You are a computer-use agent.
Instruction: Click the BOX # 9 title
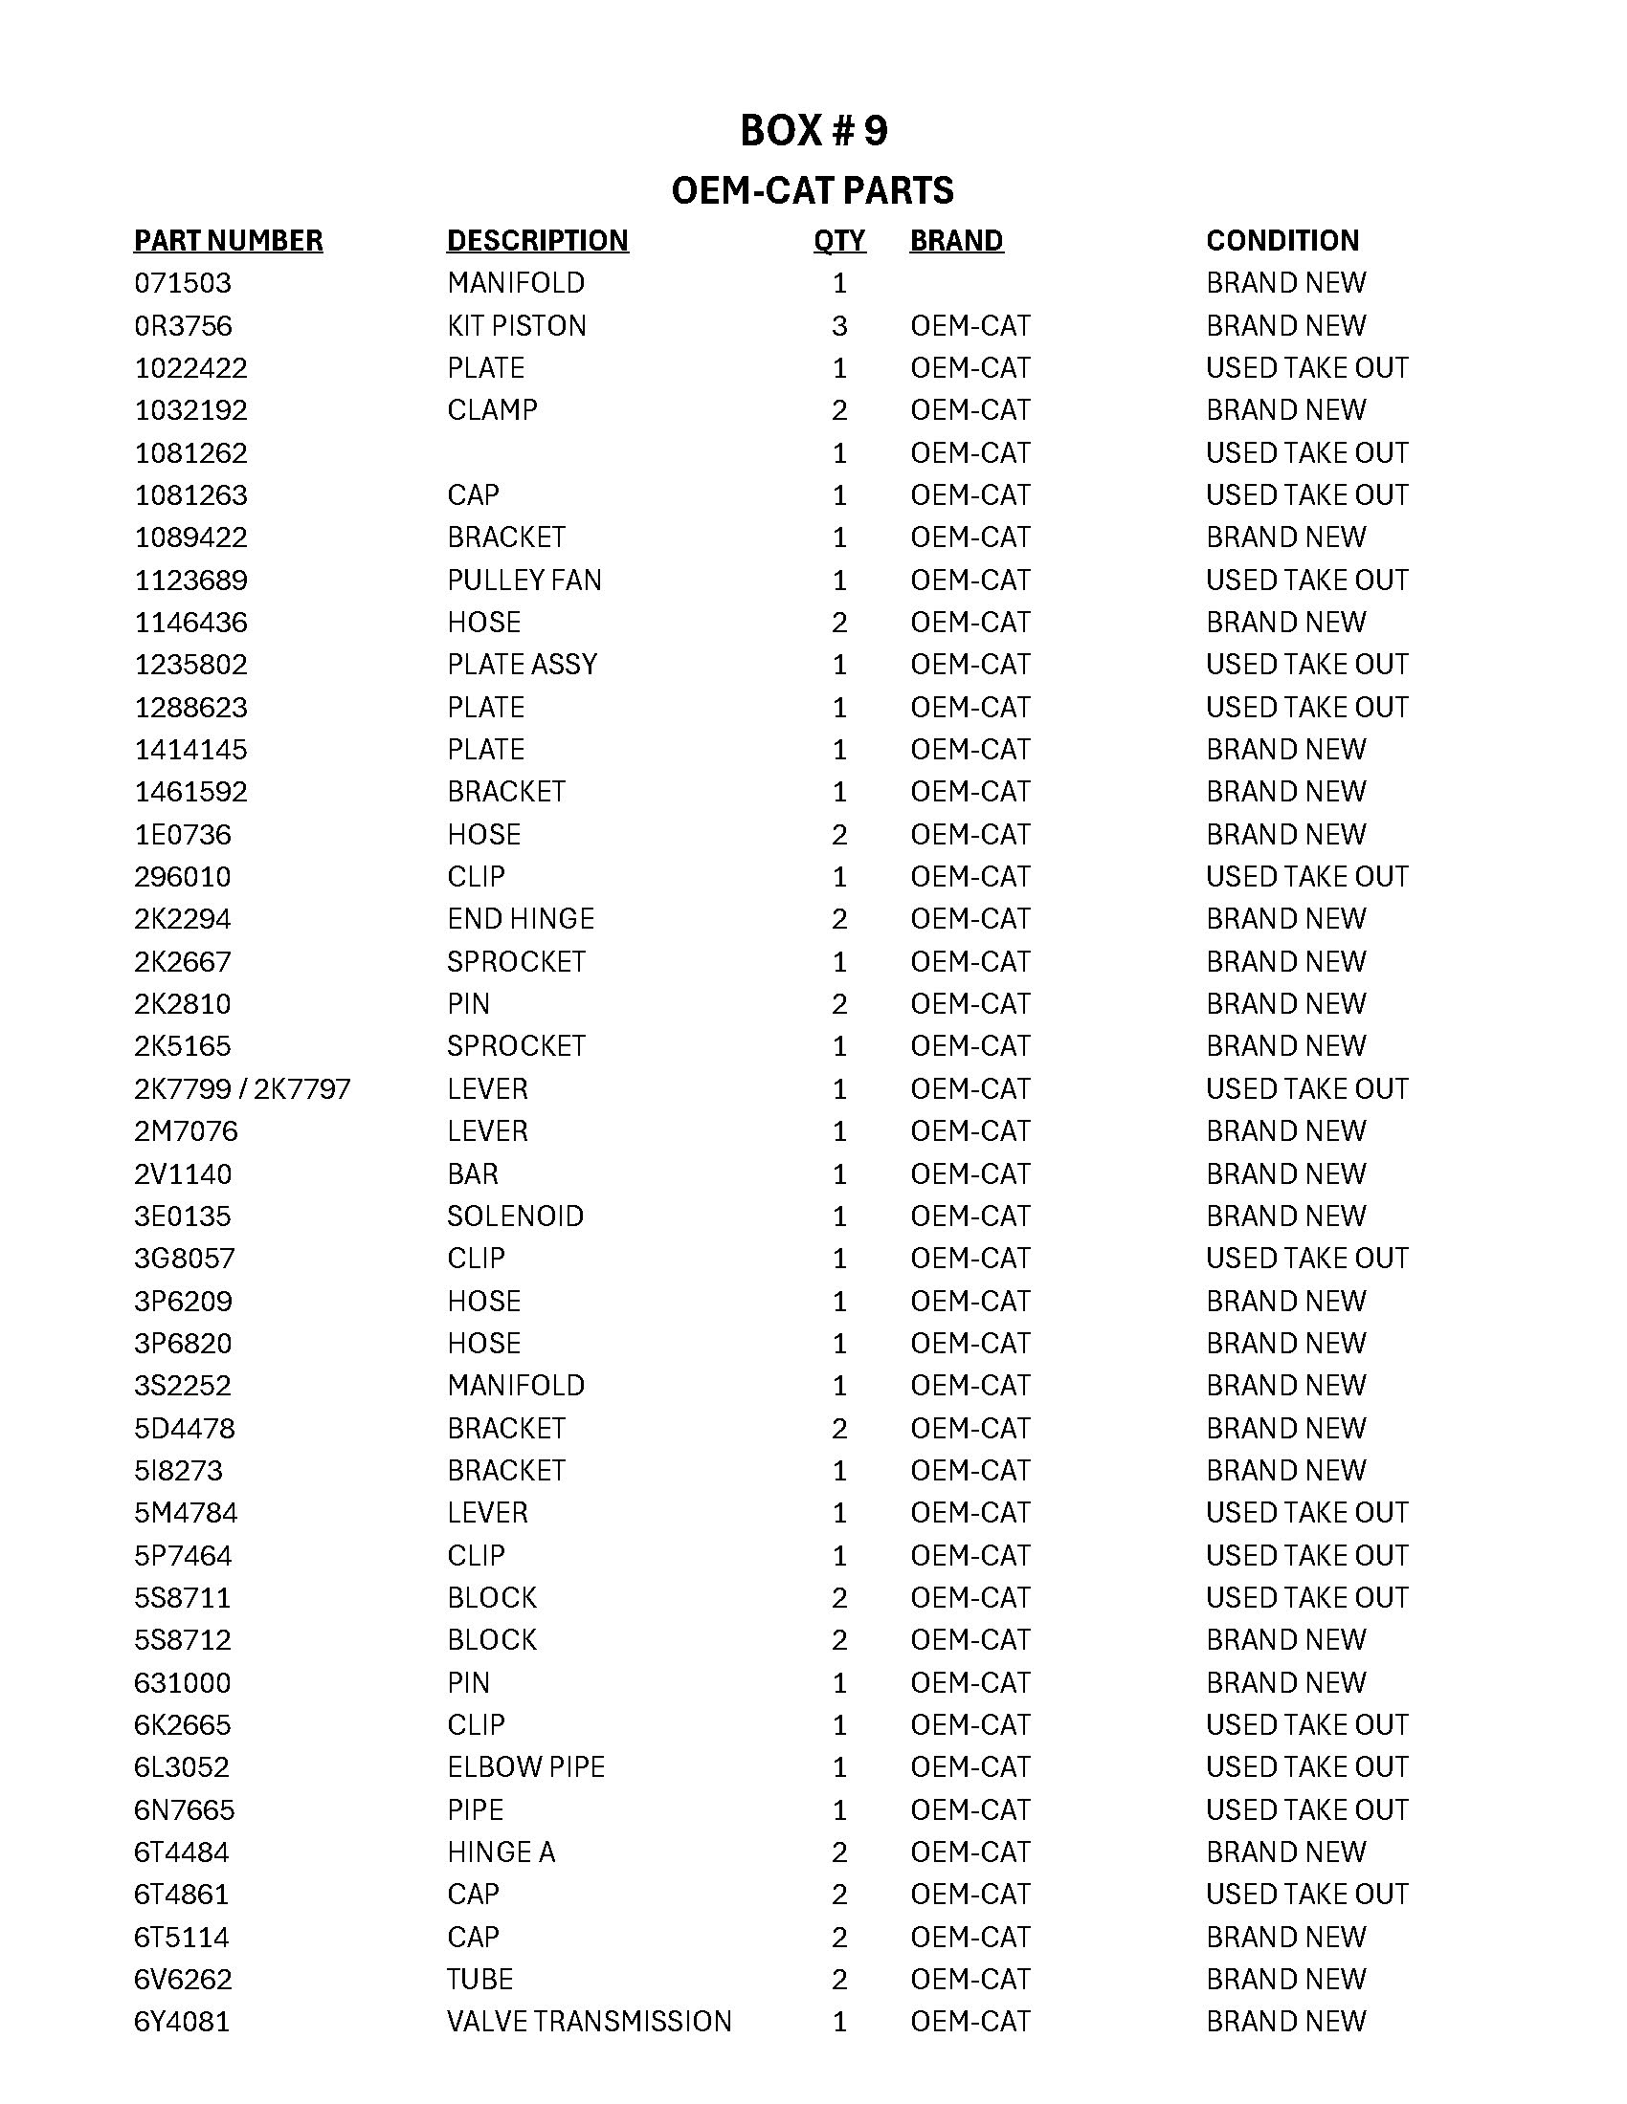click(813, 131)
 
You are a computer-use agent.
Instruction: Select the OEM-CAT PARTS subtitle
click(813, 190)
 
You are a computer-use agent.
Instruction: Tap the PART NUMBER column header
click(229, 241)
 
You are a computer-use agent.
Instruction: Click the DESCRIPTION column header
click(537, 241)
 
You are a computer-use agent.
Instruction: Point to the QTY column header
click(838, 241)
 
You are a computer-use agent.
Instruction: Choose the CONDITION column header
click(1282, 241)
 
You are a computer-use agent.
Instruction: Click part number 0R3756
click(183, 325)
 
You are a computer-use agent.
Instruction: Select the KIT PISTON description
click(517, 325)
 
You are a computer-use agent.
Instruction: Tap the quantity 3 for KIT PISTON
click(839, 325)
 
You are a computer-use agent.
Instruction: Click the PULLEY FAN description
click(524, 580)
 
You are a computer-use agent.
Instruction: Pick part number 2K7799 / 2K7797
click(242, 1088)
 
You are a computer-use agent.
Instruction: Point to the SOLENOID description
click(516, 1216)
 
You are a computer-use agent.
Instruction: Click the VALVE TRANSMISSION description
click(589, 2021)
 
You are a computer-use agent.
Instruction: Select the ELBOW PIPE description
click(526, 1766)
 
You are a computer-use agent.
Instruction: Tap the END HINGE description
click(521, 919)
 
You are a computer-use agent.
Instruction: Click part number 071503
click(183, 283)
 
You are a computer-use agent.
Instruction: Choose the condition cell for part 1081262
click(1307, 452)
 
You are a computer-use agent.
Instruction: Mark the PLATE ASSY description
click(523, 665)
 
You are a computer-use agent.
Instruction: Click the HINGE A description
click(501, 1852)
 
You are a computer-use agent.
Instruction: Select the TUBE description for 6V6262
click(480, 1979)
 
